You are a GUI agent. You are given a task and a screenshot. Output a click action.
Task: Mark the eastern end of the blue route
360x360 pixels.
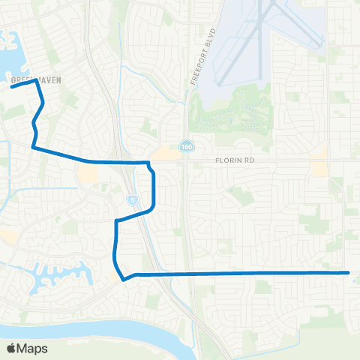[x=349, y=273]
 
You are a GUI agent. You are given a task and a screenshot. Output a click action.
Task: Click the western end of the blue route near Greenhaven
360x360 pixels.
[x=11, y=87]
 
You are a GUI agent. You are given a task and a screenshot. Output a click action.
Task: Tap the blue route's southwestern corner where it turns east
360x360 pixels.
[x=124, y=278]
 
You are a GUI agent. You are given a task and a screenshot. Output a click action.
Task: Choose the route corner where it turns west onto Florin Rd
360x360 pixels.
[x=34, y=148]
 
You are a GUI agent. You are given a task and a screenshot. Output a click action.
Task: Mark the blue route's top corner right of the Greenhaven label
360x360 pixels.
[x=36, y=82]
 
